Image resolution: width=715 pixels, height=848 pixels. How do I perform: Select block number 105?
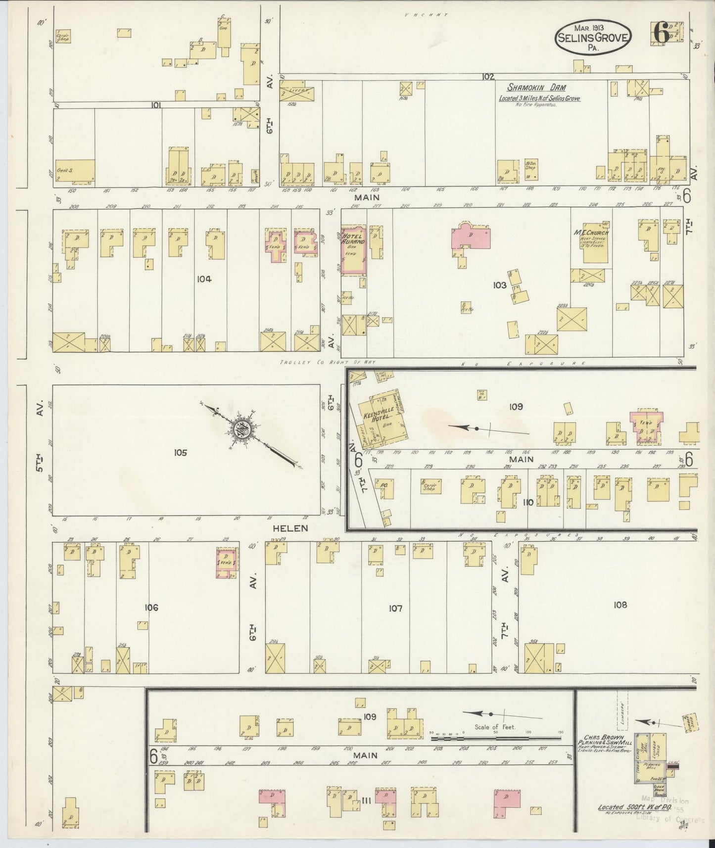click(181, 452)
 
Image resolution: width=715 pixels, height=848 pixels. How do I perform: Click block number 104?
click(204, 279)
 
